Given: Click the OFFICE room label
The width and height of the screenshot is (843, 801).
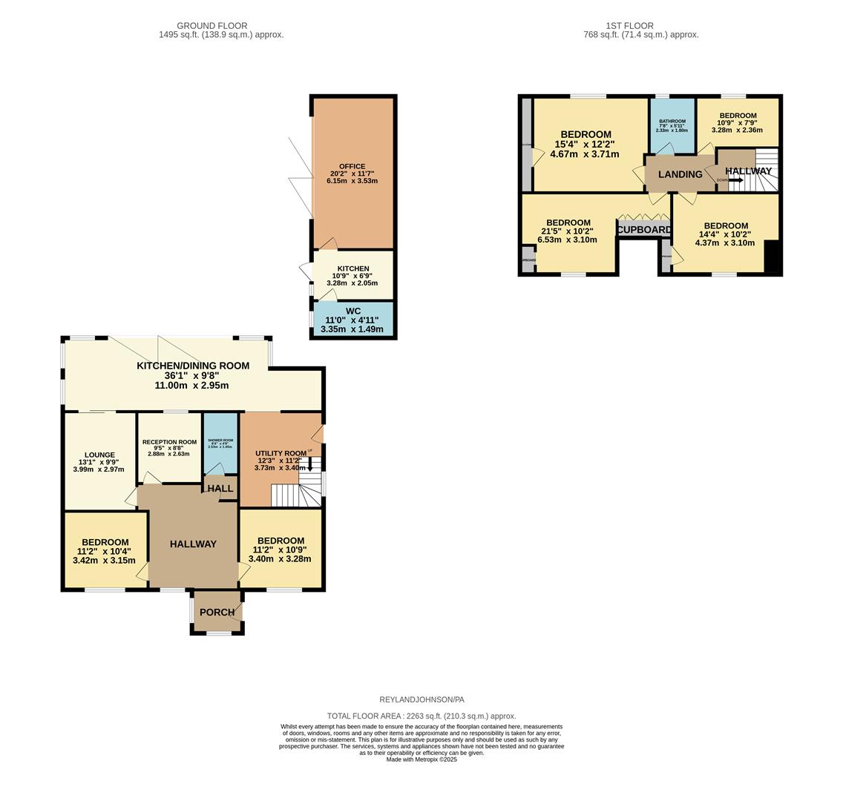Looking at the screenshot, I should [352, 167].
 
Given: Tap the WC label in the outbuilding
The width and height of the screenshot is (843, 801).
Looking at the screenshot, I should [353, 311].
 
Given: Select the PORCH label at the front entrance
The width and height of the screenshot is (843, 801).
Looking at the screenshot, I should [217, 613].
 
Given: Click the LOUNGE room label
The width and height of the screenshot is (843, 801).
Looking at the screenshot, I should [99, 455].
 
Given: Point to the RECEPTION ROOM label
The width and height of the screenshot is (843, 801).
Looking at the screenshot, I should [169, 442].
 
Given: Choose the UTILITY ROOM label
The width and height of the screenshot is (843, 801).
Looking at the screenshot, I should [281, 453].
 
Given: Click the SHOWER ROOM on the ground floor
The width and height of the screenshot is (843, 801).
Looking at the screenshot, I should [220, 443].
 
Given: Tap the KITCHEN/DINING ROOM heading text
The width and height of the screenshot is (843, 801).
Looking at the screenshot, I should [192, 366].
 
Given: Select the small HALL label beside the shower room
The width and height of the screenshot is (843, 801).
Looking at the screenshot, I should [220, 489].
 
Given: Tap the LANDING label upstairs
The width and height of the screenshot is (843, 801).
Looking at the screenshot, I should [680, 174].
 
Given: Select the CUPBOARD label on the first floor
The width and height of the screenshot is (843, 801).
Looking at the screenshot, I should [644, 230].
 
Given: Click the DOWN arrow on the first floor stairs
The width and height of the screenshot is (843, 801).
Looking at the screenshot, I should [734, 179].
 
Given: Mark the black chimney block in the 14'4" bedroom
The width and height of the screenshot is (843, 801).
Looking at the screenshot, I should [772, 257].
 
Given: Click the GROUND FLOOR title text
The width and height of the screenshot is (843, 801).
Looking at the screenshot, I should [211, 26].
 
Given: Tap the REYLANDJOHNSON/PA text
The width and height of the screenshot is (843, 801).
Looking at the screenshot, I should [421, 699].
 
